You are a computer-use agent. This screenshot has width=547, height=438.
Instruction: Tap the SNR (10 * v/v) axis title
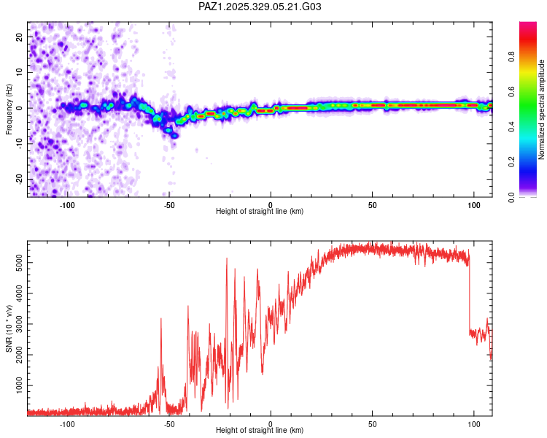(9, 329)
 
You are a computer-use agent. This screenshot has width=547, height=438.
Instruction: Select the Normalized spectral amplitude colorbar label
(541, 109)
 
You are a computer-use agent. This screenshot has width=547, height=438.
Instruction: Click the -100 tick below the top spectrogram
(68, 205)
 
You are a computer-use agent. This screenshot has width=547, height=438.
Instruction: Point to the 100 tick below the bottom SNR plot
(474, 424)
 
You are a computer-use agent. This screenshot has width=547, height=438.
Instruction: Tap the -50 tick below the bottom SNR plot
(168, 424)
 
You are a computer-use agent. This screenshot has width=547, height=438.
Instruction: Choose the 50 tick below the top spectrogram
(372, 205)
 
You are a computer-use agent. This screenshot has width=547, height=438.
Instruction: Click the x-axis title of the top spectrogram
(260, 212)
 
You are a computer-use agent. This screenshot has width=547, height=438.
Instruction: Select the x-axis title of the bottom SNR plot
(260, 431)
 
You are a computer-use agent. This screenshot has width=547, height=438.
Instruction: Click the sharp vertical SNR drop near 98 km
(470, 292)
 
